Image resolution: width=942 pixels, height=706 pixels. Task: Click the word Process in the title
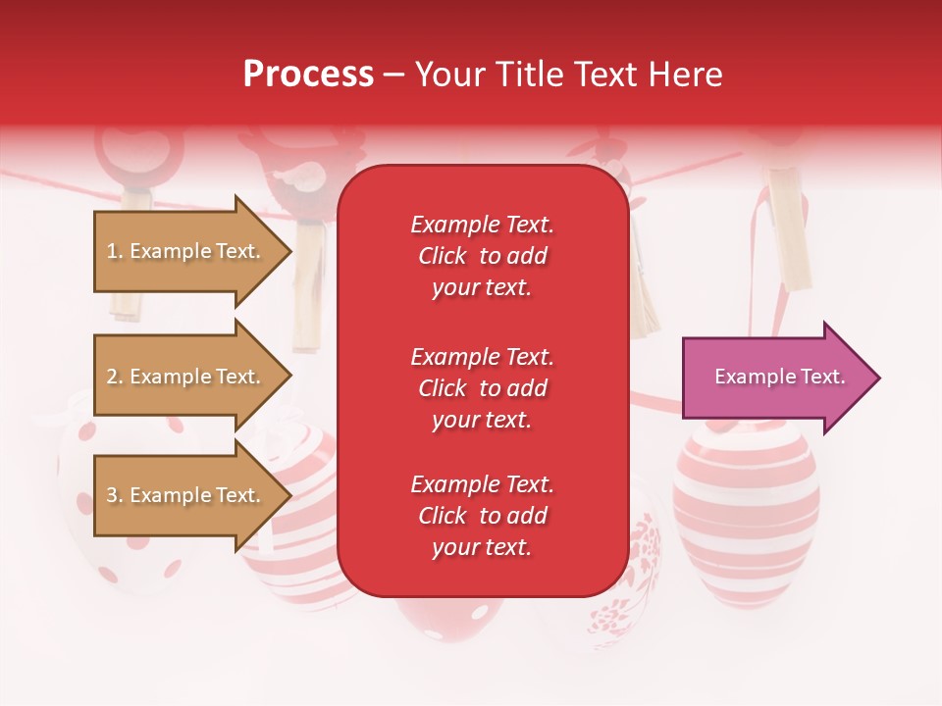click(308, 75)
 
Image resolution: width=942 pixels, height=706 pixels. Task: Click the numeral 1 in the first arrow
click(111, 252)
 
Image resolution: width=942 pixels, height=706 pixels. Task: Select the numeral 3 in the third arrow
click(111, 495)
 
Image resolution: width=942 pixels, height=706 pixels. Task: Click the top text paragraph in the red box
click(482, 256)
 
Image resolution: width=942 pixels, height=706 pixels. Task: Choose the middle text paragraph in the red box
click(482, 388)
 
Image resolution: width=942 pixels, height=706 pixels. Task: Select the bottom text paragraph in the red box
click(482, 516)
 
